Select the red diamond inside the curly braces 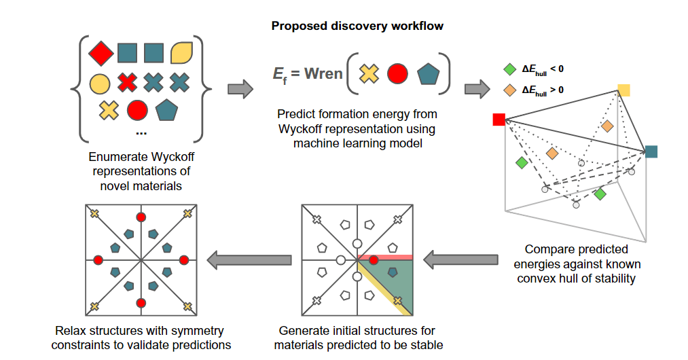pyautogui.click(x=101, y=52)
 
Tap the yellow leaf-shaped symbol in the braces pyautogui.click(x=180, y=52)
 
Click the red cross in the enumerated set pyautogui.click(x=127, y=83)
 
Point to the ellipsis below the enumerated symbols pyautogui.click(x=141, y=132)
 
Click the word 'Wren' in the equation pyautogui.click(x=323, y=73)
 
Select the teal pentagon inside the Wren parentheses pyautogui.click(x=427, y=73)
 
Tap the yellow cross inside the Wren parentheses pyautogui.click(x=369, y=73)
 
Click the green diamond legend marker pyautogui.click(x=509, y=69)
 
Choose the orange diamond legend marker pyautogui.click(x=509, y=89)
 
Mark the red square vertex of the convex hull pyautogui.click(x=499, y=120)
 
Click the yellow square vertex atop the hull pyautogui.click(x=623, y=90)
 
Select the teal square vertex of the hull pyautogui.click(x=651, y=151)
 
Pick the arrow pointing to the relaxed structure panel pyautogui.click(x=249, y=259)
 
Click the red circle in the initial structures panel pyautogui.click(x=373, y=259)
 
